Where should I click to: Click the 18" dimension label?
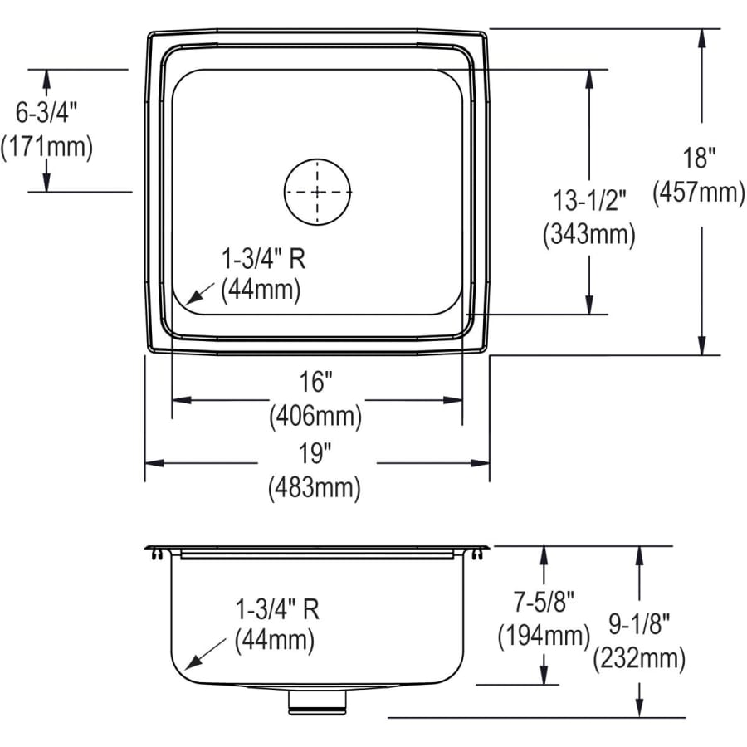tap(700, 158)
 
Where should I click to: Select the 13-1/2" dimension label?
tap(589, 200)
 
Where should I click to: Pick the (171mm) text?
tap(46, 147)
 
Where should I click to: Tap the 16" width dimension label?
tap(315, 382)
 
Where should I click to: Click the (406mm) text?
tap(315, 416)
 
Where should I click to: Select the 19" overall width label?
tap(315, 453)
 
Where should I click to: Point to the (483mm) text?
tap(315, 488)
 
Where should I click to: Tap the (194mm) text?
tap(544, 636)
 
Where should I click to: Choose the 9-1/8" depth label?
tap(639, 622)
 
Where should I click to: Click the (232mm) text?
tap(639, 659)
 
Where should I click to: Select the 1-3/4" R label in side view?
tap(277, 609)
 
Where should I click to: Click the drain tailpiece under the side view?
tap(317, 701)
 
